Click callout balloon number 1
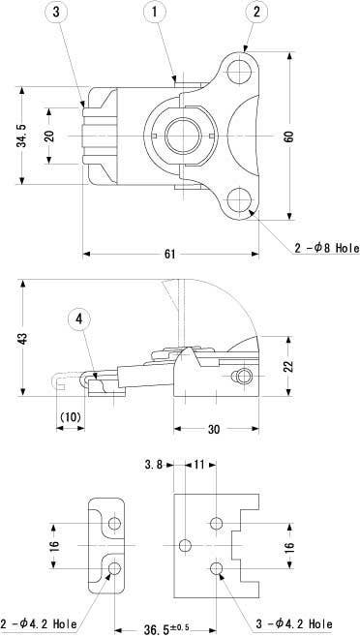pos(156,13)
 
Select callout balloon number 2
pos(255,13)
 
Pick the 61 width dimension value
pos(169,254)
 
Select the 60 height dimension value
pos(288,136)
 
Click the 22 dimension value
pos(288,366)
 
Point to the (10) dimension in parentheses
pos(71,416)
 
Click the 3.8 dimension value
pos(152,465)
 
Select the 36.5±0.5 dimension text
pos(173,628)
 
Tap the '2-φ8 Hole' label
pos(326,247)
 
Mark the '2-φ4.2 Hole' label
pos(38,623)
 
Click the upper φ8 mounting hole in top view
pos(238,73)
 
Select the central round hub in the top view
pos(183,136)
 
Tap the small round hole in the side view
pos(244,375)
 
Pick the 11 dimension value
pos(199,465)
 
